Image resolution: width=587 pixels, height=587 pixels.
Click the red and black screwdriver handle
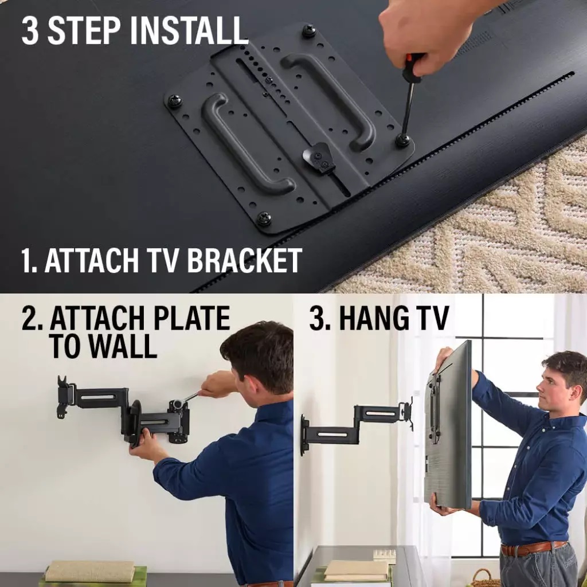[413, 67]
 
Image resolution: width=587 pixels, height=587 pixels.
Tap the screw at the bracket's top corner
[309, 31]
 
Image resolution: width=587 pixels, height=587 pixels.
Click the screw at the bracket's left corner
[174, 101]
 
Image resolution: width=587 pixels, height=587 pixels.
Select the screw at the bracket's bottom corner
[264, 218]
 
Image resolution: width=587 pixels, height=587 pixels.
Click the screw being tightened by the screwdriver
[402, 140]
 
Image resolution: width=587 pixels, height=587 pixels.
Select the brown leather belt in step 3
[533, 548]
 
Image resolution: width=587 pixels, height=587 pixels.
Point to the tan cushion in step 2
[90, 571]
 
